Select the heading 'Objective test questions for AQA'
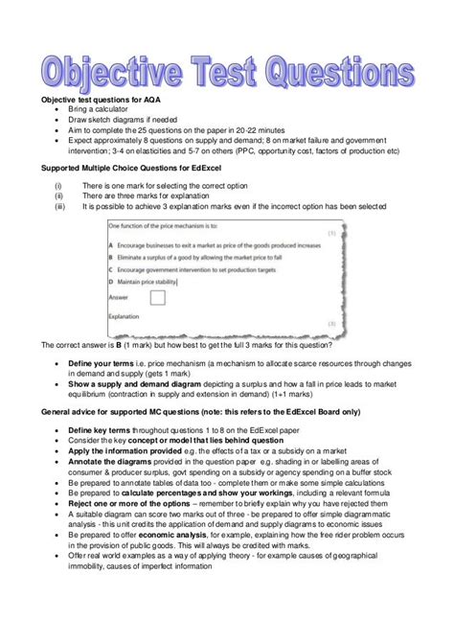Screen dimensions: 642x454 pyautogui.click(x=108, y=100)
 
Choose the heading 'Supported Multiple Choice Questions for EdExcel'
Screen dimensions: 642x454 pyautogui.click(x=140, y=169)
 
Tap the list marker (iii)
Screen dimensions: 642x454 pyautogui.click(x=60, y=205)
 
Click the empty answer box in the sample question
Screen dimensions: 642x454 pyautogui.click(x=157, y=297)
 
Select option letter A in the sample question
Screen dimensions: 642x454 pyautogui.click(x=112, y=245)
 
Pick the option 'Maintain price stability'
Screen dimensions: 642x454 pyautogui.click(x=148, y=282)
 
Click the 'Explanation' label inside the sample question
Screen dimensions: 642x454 pyautogui.click(x=125, y=315)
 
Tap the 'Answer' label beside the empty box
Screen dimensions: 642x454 pyautogui.click(x=119, y=297)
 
